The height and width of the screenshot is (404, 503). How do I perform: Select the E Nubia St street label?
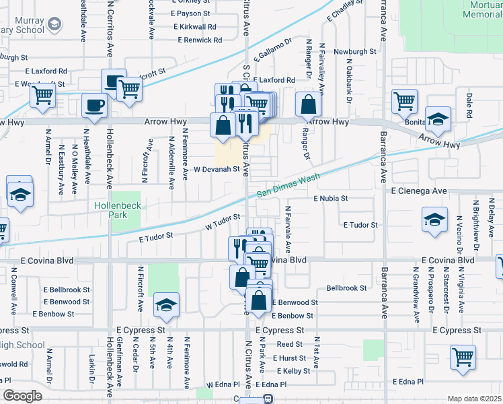point(330,199)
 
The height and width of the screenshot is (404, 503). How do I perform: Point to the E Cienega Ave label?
point(419,191)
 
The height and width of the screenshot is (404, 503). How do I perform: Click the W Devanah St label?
point(217,170)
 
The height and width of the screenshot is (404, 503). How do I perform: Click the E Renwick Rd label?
point(200,40)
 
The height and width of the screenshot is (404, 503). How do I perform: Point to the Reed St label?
point(290,344)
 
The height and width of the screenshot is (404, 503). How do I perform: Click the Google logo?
point(22,396)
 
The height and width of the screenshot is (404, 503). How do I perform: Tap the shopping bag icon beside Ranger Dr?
point(308,104)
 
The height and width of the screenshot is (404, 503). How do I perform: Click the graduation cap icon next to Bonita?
point(438,121)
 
